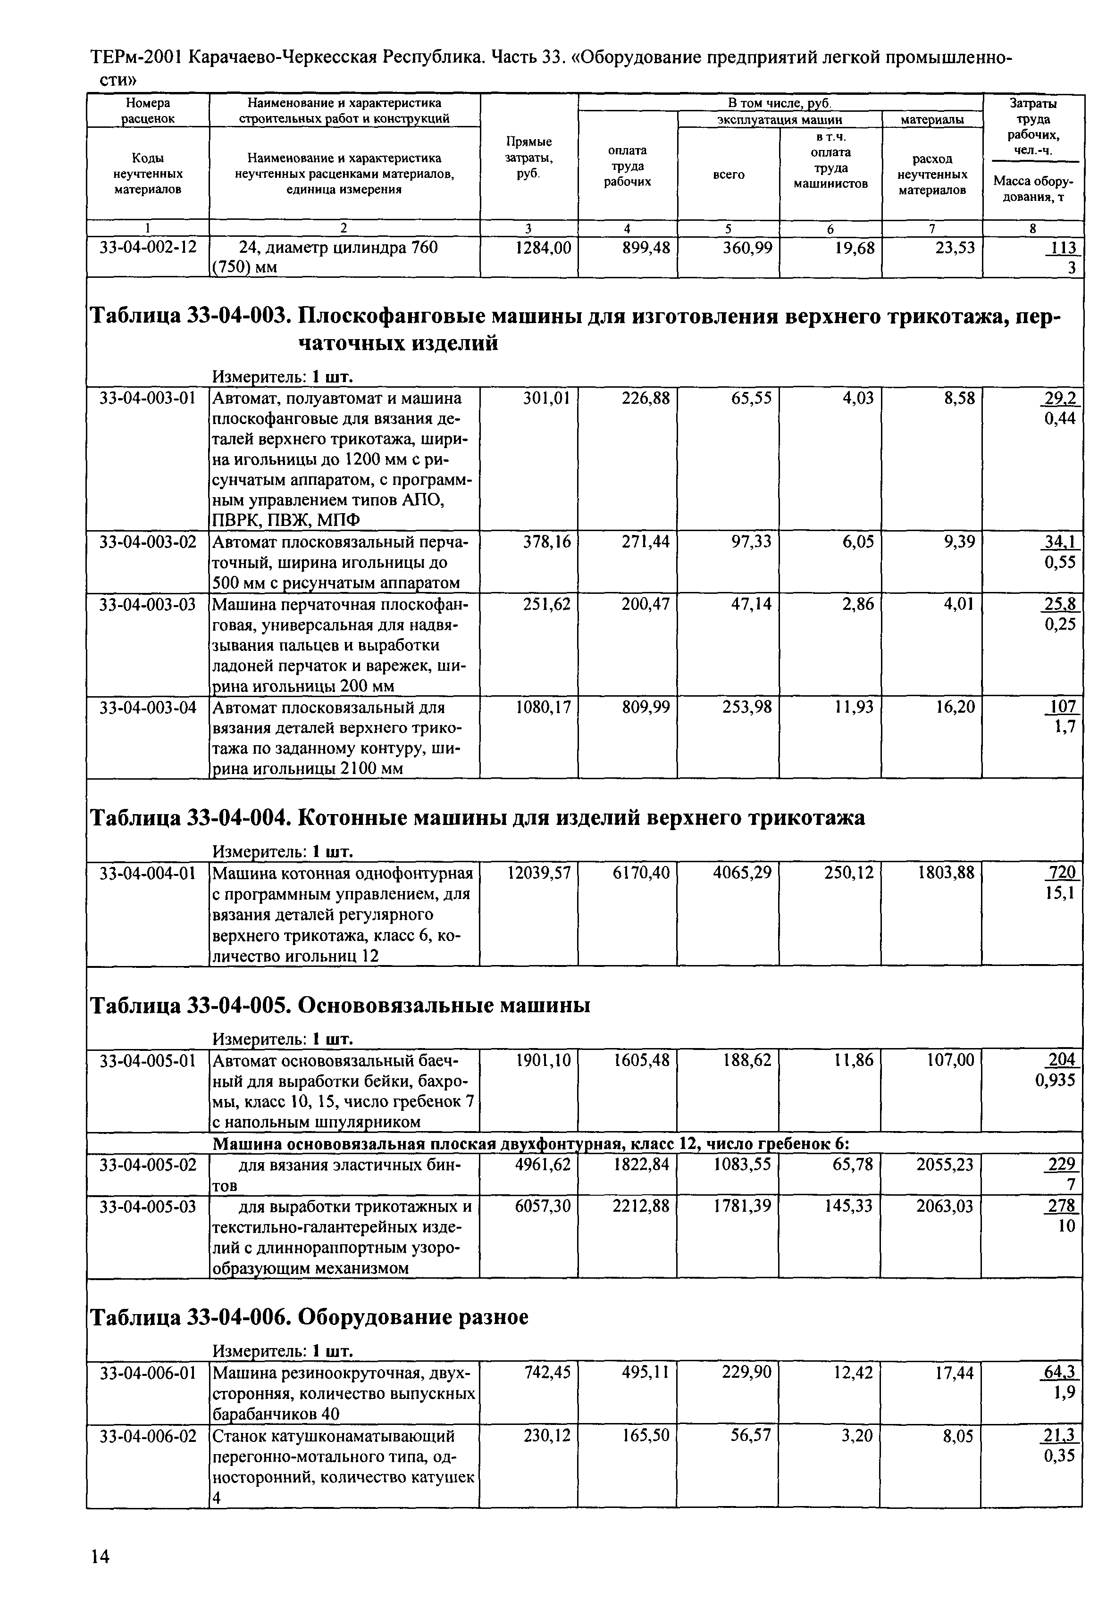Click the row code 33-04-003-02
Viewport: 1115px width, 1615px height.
coord(148,542)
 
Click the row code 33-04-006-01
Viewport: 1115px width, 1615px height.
coord(148,1373)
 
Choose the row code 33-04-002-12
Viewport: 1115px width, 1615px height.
coord(148,248)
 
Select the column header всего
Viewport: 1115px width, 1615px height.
coord(728,175)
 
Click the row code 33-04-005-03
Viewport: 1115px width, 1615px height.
coord(148,1206)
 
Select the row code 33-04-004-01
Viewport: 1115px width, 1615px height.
coord(148,873)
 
